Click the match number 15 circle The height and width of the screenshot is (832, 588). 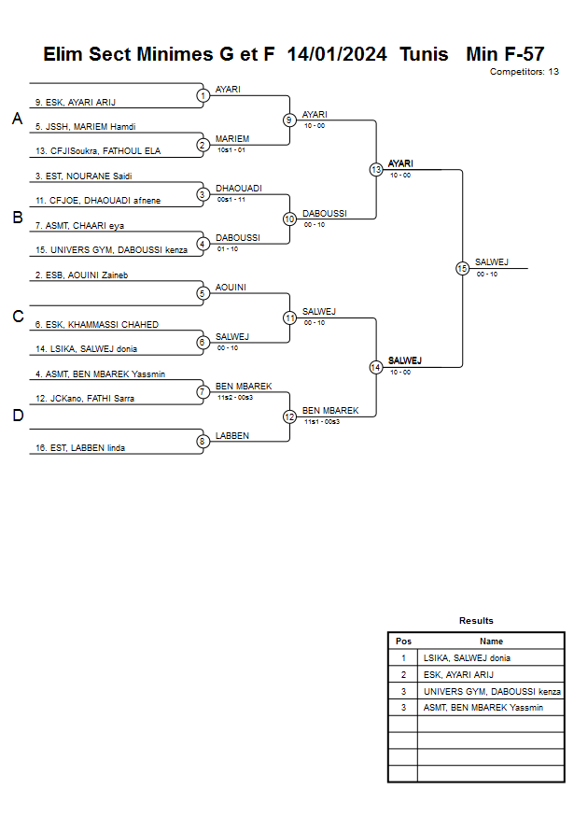coord(462,268)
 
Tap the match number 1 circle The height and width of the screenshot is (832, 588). coord(203,95)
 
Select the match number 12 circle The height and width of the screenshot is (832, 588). coord(290,416)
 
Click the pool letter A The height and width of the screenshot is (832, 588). coord(16,120)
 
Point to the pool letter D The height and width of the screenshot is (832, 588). coord(16,416)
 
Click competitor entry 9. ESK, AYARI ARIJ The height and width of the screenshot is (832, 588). coord(76,102)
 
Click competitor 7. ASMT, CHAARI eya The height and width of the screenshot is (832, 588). coord(80,225)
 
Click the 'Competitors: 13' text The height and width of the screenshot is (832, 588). coord(525,72)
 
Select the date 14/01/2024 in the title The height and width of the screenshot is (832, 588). coord(337,54)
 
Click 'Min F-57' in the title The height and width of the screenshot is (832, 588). coord(505,54)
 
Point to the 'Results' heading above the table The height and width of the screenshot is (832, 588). coord(476,621)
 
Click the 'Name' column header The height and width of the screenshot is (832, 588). coord(491,642)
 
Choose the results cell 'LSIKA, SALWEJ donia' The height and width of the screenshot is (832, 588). coord(467,657)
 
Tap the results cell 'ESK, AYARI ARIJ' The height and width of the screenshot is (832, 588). coord(458,674)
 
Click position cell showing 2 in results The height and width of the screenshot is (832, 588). coord(403,674)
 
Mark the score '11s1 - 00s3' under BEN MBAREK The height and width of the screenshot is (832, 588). coord(322,422)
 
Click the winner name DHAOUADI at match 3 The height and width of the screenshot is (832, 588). coord(239,188)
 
